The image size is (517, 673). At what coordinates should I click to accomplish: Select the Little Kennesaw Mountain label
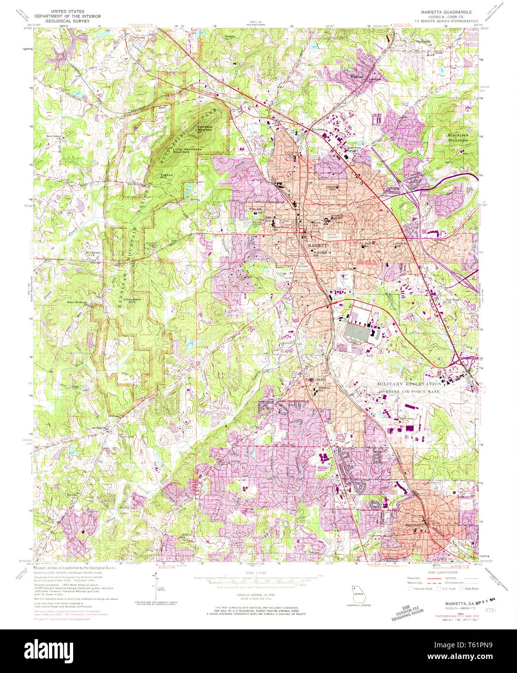tap(183, 151)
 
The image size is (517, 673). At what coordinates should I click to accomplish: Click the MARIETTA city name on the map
tap(318, 246)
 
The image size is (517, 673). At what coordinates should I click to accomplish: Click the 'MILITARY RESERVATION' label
tap(409, 383)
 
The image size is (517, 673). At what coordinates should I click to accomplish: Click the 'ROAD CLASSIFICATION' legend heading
tap(441, 572)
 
